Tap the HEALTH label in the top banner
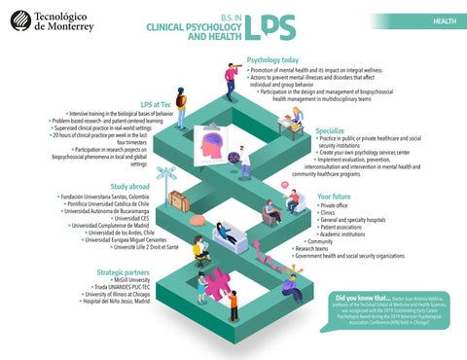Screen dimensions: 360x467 (444, 20)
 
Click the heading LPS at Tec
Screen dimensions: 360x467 (157, 103)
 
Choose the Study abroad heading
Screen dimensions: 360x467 (129, 186)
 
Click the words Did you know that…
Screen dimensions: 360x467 (362, 298)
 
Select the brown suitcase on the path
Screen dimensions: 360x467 (179, 200)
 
